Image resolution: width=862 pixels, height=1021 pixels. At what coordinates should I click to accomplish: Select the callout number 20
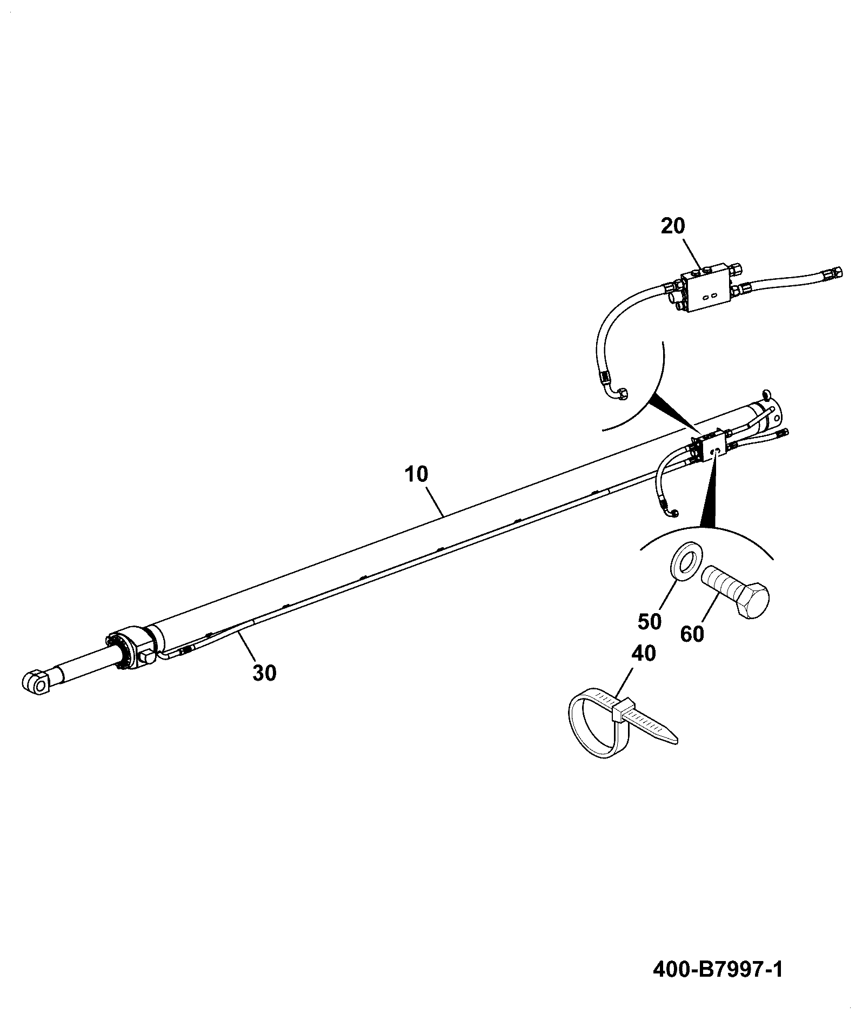pos(673,226)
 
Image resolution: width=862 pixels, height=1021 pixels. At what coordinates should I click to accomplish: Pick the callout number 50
pos(649,621)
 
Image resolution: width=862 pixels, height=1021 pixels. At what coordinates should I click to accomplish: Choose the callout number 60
pos(692,634)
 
